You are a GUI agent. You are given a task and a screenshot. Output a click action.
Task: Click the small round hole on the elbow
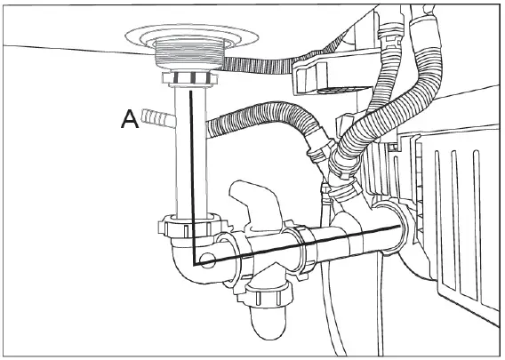tap(207, 261)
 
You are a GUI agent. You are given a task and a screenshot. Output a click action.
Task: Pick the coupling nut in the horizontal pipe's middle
tap(303, 248)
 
